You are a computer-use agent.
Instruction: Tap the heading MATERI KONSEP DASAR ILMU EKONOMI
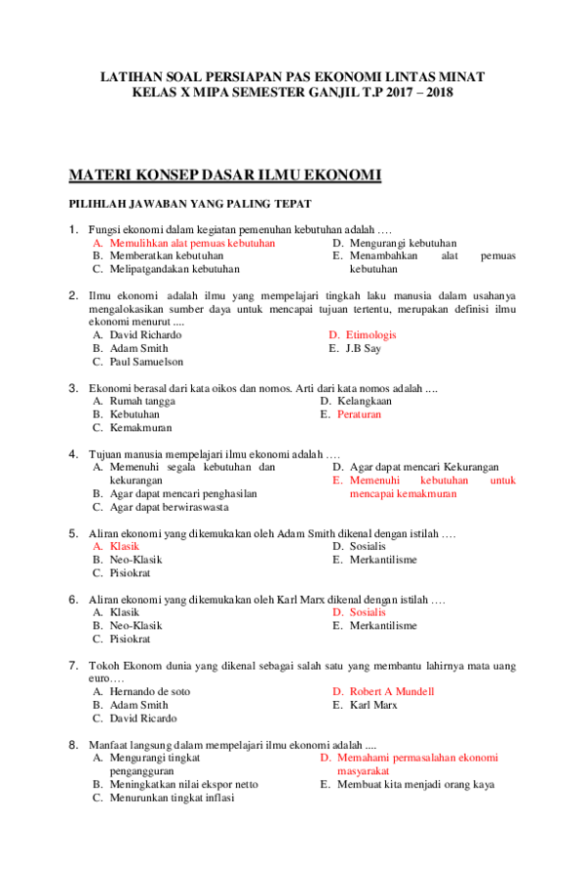(x=224, y=175)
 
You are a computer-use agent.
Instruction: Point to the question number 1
(x=73, y=230)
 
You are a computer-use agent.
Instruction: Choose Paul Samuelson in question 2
(x=146, y=362)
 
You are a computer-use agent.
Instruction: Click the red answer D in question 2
(x=364, y=334)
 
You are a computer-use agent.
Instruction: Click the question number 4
(x=73, y=453)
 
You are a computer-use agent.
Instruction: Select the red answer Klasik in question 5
(x=124, y=547)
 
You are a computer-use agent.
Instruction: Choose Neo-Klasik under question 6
(x=136, y=625)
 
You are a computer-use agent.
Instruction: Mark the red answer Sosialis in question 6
(x=367, y=612)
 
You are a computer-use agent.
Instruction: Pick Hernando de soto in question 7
(x=150, y=691)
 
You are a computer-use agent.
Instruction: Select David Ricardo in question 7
(x=143, y=718)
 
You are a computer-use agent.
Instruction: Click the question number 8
(x=73, y=744)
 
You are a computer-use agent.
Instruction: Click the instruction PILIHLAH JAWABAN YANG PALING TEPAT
(x=189, y=204)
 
